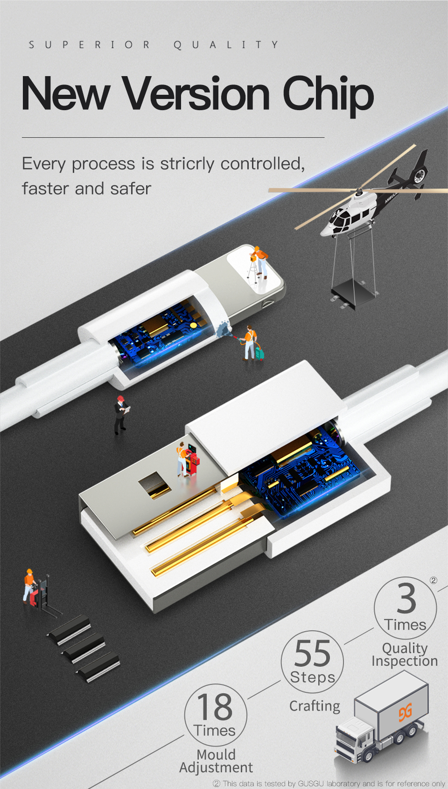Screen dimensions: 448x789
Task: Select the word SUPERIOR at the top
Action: tap(90, 45)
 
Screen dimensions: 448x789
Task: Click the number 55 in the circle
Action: tap(312, 654)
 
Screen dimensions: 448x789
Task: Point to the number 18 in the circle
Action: tap(215, 707)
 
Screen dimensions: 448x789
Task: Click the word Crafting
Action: tap(315, 706)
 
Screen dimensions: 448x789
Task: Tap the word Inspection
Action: tap(405, 661)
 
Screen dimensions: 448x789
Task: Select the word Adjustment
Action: tap(216, 768)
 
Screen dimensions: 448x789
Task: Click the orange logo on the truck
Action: tap(406, 712)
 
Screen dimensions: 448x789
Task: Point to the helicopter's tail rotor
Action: tap(419, 174)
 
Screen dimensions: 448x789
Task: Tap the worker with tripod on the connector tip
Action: tap(258, 262)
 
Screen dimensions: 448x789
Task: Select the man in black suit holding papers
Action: tap(121, 415)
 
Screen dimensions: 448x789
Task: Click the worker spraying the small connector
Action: tap(251, 344)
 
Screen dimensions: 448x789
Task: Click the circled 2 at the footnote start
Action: tap(217, 784)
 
